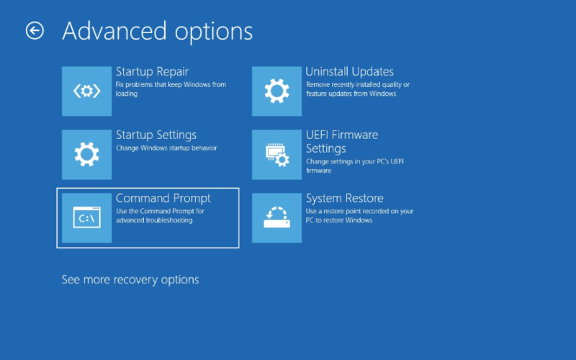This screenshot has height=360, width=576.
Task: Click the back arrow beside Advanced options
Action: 35,30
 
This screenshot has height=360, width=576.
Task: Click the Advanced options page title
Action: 158,32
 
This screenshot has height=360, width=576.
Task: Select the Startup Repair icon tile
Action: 86,91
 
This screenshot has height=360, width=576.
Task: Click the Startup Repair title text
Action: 152,71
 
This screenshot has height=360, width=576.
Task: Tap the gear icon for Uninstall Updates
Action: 276,91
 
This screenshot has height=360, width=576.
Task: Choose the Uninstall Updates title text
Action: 349,71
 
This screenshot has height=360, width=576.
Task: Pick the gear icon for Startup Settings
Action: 86,155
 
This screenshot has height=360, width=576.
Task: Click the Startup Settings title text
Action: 156,135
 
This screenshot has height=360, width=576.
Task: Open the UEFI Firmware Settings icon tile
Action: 276,155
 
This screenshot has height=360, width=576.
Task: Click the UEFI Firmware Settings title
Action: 342,142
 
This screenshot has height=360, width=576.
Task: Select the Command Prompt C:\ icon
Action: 86,218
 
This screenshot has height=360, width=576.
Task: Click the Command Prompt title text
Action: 163,199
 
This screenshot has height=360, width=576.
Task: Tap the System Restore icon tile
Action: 276,218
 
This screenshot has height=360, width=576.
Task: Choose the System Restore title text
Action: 345,199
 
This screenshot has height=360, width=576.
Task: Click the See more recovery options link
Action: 130,279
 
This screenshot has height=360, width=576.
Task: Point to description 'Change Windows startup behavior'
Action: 166,148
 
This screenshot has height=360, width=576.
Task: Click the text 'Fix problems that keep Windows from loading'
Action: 171,89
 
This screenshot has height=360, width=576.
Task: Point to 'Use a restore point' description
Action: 359,215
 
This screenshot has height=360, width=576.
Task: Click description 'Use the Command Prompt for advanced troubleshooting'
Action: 160,215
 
